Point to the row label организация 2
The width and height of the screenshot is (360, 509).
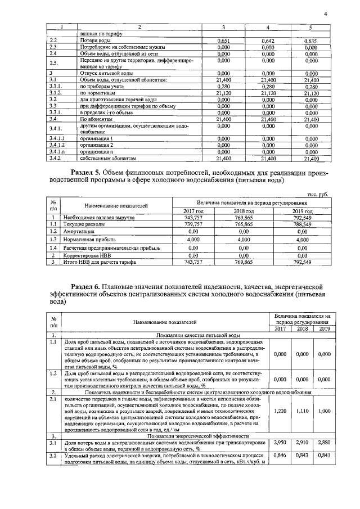click(x=96, y=145)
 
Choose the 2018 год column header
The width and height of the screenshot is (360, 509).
click(x=245, y=210)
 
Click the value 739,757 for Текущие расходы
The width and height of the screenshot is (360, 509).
click(x=193, y=224)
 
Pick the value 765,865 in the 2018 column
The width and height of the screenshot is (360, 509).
click(x=244, y=224)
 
